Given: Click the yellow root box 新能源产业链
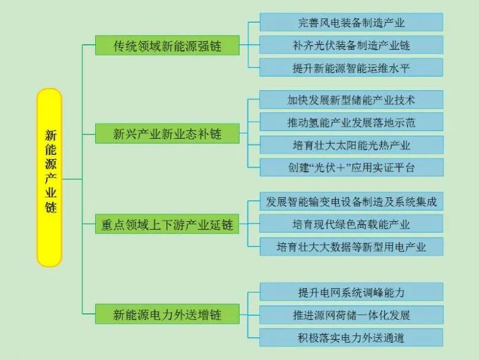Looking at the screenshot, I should [50, 178].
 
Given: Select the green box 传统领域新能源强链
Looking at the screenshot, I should [167, 45].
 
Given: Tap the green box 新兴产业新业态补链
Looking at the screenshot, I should [167, 133].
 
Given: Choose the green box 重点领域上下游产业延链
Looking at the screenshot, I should [167, 225].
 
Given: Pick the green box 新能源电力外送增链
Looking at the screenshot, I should [167, 315].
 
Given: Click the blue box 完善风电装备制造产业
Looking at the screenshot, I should [351, 23].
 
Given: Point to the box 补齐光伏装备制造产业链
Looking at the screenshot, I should [351, 45].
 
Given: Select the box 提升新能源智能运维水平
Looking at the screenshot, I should [351, 68].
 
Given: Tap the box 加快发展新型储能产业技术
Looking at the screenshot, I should [351, 100].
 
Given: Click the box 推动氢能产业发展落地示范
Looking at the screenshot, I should [351, 122].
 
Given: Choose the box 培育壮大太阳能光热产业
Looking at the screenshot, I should [351, 145].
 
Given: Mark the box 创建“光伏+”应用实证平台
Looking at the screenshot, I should [351, 167].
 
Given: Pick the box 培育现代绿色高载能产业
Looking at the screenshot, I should [351, 225].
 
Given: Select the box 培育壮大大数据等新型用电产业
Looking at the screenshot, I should [351, 247].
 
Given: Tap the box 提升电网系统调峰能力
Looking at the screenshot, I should [351, 292].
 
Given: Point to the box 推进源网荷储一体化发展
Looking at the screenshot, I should [351, 315].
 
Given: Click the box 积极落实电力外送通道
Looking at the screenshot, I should [351, 337].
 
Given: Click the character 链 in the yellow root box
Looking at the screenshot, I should [50, 208].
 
